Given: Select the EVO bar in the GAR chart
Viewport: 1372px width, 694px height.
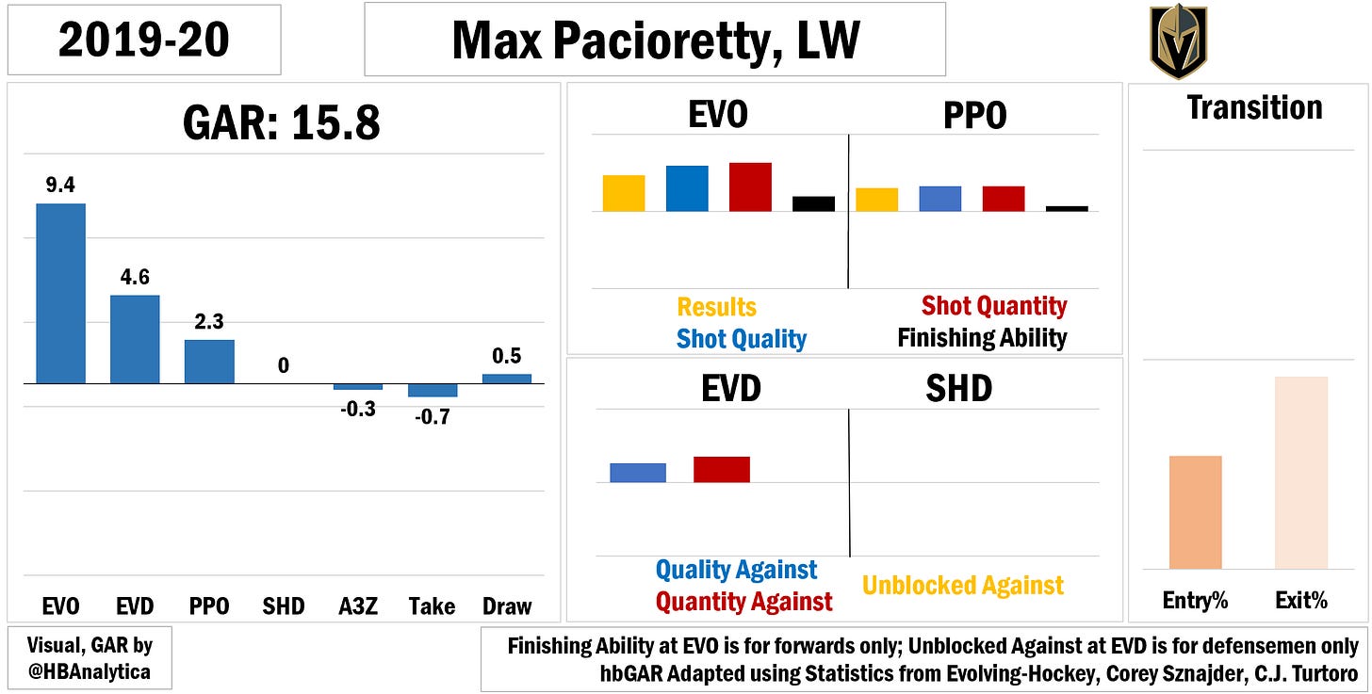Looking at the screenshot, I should [x=60, y=294].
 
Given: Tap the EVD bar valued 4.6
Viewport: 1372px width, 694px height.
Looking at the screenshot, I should [x=135, y=339].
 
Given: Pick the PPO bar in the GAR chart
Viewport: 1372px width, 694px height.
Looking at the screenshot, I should [x=208, y=362].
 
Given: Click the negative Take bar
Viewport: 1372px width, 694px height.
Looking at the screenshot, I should [x=432, y=391].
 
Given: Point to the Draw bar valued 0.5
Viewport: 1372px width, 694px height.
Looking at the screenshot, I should [x=506, y=379].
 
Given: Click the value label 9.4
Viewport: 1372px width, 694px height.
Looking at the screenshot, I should [x=60, y=186].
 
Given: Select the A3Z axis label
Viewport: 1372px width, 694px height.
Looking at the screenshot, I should [x=357, y=605].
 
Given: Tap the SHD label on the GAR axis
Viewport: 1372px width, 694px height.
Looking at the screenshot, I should [x=283, y=605].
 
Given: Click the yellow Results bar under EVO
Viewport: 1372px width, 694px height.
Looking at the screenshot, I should [x=624, y=193].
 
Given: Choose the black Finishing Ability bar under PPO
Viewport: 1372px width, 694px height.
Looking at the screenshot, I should [x=1067, y=208].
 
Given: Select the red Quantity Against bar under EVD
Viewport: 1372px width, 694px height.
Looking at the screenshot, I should [x=721, y=469].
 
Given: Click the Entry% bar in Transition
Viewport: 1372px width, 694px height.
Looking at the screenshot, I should [x=1195, y=512].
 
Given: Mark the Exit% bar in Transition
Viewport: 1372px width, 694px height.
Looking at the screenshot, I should [x=1300, y=473].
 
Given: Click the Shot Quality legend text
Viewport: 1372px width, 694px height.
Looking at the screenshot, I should [x=742, y=339].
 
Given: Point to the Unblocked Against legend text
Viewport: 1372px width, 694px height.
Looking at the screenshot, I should [x=963, y=586].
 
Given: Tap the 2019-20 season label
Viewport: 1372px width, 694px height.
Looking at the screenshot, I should [x=142, y=40].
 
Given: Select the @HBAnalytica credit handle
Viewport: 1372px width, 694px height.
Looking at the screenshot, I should [x=90, y=672].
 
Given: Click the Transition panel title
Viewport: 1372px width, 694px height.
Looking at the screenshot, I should [x=1254, y=107].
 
